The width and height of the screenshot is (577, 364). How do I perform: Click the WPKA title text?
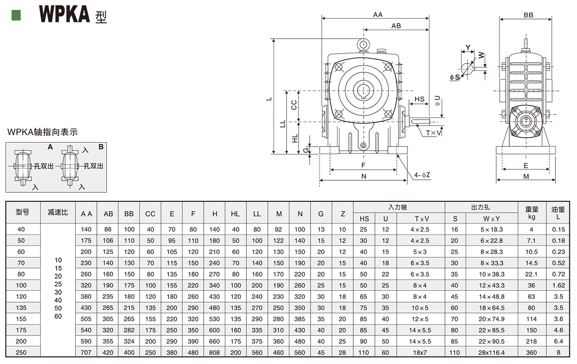(64, 15)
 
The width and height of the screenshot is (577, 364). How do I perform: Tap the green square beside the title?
(16, 15)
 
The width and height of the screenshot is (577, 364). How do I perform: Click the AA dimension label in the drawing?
(377, 15)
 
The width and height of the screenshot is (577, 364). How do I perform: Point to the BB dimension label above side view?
(528, 16)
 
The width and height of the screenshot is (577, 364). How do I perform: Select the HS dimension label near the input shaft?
(419, 99)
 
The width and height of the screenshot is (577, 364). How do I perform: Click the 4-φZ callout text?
(422, 175)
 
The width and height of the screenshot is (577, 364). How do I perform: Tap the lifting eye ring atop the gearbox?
(363, 45)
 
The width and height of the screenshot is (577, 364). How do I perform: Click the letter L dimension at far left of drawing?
(269, 98)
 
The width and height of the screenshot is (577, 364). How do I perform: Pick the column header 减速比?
(58, 212)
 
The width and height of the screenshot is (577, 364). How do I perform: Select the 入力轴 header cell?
(399, 207)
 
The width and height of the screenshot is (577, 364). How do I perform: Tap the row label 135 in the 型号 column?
(21, 308)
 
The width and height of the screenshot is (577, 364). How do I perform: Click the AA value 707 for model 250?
(86, 353)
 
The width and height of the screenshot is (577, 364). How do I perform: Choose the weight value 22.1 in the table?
(531, 274)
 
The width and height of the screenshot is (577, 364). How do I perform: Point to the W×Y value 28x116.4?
(492, 353)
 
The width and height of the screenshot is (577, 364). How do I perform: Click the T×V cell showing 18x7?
(420, 353)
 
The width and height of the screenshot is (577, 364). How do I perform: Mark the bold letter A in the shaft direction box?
(50, 147)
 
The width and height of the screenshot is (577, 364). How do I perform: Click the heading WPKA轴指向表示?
(43, 133)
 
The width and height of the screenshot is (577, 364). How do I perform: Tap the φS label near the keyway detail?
(455, 77)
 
